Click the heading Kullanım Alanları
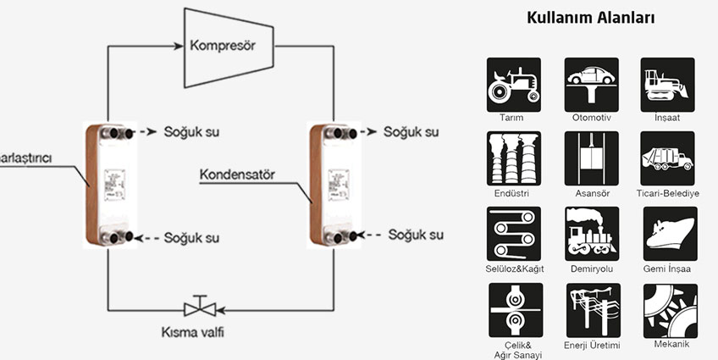591,17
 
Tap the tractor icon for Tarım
514,84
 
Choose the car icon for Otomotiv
591,84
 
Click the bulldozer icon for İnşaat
668,84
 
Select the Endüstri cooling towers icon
514,158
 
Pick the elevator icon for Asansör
591,158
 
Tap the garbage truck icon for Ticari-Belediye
668,158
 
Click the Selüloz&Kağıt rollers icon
514,233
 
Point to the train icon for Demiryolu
591,233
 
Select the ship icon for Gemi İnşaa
668,233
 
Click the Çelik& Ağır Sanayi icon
514,309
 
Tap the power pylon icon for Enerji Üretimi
591,309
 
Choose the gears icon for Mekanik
668,309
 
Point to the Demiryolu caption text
591,269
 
